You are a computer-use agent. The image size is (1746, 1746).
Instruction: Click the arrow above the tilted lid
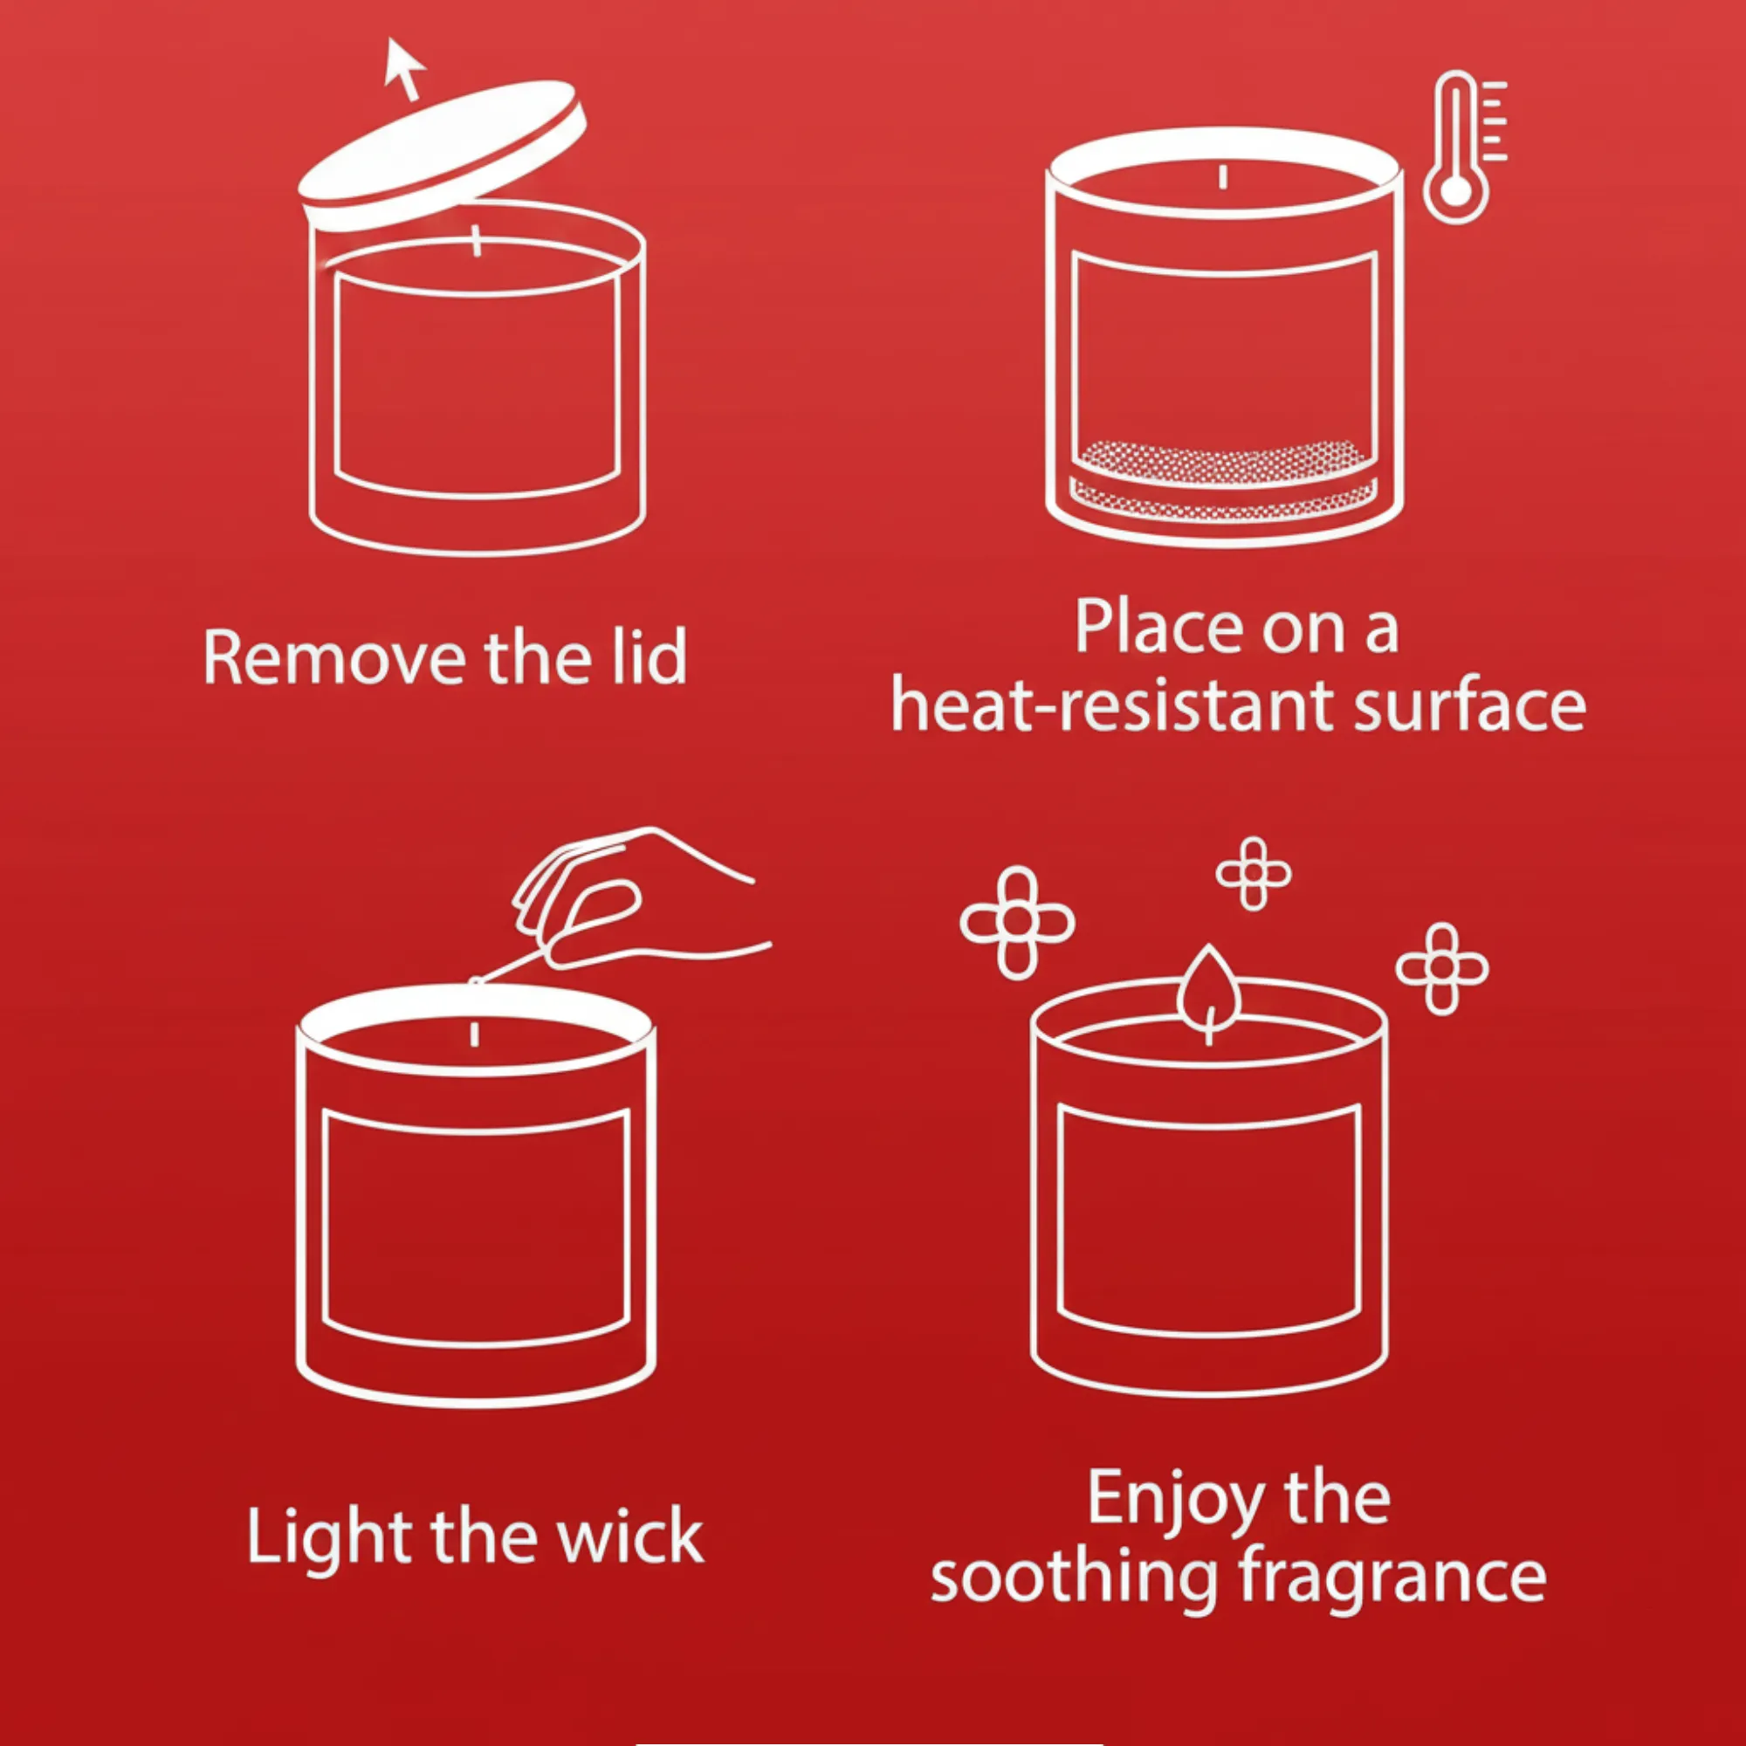pos(404,69)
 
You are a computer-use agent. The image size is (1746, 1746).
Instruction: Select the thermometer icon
pos(1462,148)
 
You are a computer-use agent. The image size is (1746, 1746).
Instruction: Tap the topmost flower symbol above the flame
pos(1254,873)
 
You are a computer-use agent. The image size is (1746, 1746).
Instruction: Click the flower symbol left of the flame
pos(1018,923)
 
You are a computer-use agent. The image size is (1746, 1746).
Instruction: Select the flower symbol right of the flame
pos(1442,969)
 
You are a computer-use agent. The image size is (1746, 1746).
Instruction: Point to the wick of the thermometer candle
pos(1223,176)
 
